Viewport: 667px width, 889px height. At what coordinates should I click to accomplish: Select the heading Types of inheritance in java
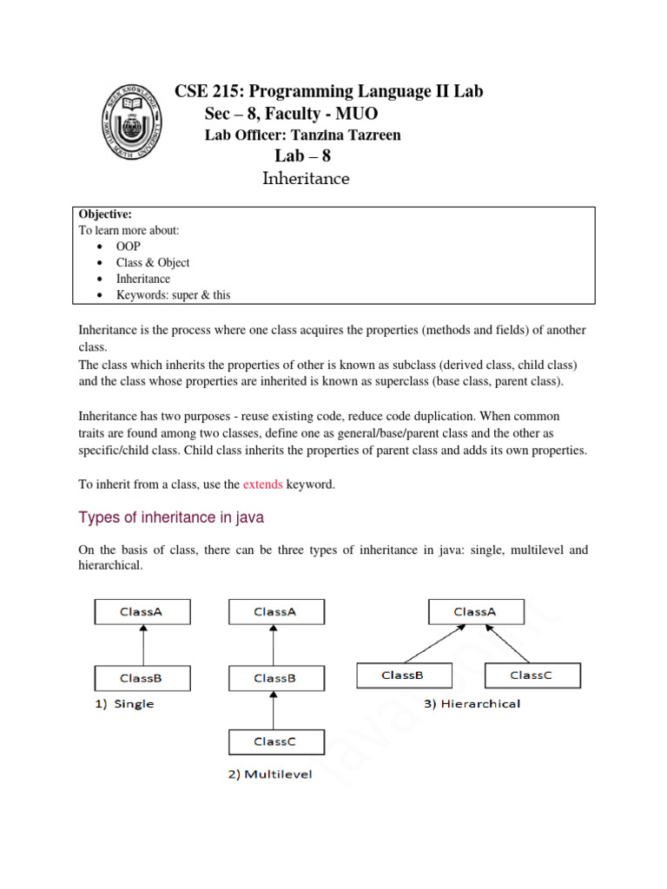[x=171, y=518]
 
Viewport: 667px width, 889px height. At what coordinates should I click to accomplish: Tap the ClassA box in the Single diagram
[x=142, y=612]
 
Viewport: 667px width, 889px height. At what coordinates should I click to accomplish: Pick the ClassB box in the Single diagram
[x=142, y=678]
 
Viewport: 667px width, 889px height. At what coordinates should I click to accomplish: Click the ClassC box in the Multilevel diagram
[x=275, y=742]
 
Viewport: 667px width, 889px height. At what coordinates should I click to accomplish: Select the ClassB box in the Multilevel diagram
[x=275, y=678]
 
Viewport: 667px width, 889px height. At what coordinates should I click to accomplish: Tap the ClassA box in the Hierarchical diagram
[x=476, y=612]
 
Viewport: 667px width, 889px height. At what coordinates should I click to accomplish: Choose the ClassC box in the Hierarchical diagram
[x=532, y=675]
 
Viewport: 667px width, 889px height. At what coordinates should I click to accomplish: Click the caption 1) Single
[x=124, y=704]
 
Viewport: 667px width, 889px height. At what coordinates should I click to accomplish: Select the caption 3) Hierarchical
[x=472, y=703]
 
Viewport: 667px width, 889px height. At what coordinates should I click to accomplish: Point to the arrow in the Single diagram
[x=142, y=645]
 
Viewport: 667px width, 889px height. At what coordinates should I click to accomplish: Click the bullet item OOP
[x=128, y=247]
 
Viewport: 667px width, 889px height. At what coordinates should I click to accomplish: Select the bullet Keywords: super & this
[x=174, y=295]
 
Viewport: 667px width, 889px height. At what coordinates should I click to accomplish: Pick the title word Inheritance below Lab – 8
[x=306, y=179]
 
